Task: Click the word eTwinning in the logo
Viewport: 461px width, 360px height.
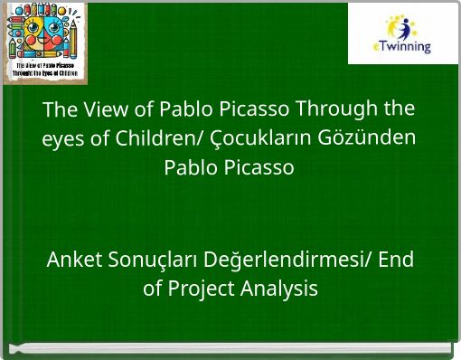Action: click(402, 46)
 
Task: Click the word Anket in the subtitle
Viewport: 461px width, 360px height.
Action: click(73, 261)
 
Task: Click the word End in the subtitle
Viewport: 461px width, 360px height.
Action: click(396, 261)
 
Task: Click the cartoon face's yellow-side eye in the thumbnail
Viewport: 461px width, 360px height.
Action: click(33, 28)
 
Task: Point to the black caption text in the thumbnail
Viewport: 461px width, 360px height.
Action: click(45, 71)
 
